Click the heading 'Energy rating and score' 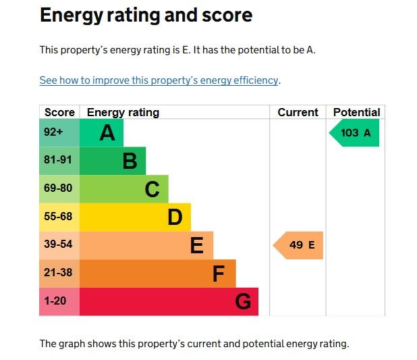click(146, 16)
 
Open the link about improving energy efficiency click(159, 80)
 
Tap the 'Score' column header click(59, 112)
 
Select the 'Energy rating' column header click(123, 112)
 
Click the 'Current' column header click(298, 112)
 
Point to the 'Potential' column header click(356, 112)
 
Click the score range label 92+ click(53, 132)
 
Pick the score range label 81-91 click(57, 161)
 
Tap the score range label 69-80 click(57, 188)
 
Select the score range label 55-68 click(57, 217)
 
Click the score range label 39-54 click(57, 245)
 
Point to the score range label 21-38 click(57, 273)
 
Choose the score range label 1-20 click(55, 301)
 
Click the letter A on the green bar click(107, 133)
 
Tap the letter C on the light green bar click(152, 190)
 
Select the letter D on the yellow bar click(175, 217)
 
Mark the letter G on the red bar click(243, 302)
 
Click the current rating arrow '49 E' click(300, 245)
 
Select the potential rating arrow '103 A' click(355, 133)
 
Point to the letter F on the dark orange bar click(219, 274)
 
